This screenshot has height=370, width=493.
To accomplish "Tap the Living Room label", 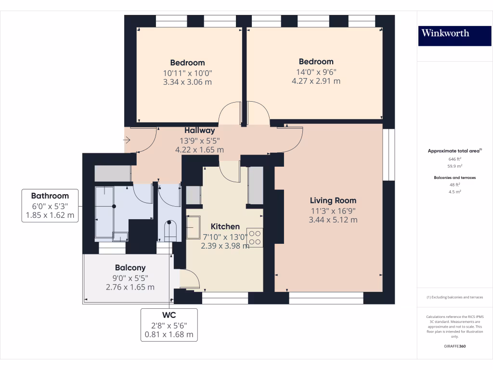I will coord(333,200).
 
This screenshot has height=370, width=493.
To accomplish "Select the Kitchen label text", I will coord(225,226).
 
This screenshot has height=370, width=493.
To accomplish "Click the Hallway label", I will coord(200,130).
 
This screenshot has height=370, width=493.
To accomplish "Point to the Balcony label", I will coord(130,268).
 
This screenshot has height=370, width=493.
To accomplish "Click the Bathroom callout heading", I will coord(50,196).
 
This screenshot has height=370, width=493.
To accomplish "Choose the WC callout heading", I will coord(169,315).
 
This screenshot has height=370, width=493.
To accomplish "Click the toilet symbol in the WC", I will coord(170,231).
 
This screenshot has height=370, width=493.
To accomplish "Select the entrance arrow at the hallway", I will coord(127,140).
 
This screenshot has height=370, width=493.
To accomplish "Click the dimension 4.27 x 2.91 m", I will coord(316,81).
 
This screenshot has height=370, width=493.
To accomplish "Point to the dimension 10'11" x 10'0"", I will coord(187,73).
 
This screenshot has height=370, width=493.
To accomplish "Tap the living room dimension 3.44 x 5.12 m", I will coord(333,220).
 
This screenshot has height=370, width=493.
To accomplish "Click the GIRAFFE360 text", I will coord(455,346).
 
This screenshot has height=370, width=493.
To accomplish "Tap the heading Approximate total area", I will coord(454,151).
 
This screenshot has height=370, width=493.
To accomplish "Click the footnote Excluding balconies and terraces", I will coord(455,297).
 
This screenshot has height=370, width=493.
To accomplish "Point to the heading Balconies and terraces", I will coord(455,177).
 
